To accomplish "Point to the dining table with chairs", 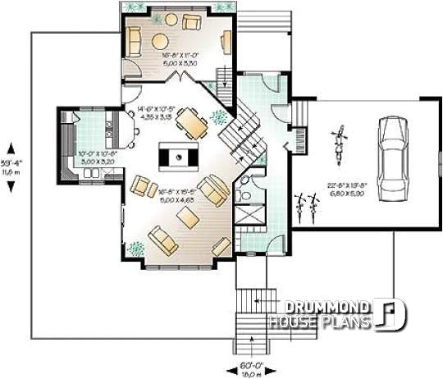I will [192, 124].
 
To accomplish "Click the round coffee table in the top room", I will [161, 41].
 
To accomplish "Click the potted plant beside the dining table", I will [218, 117].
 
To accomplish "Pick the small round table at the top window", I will [171, 18].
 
